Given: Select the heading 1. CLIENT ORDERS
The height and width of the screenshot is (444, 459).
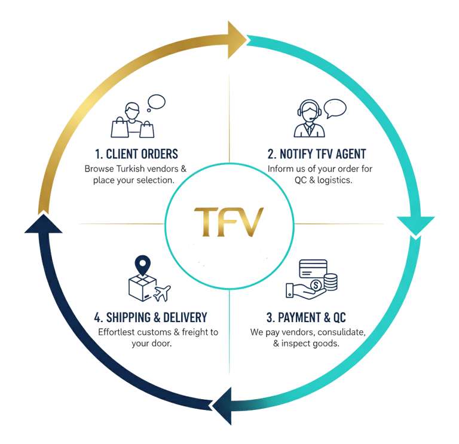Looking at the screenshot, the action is (136, 154).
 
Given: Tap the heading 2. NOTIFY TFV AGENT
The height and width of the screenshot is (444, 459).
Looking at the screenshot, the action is (317, 154).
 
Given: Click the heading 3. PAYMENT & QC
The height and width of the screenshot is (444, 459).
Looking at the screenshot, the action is (305, 317).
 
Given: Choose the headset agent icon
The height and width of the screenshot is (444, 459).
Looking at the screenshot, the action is (308, 117).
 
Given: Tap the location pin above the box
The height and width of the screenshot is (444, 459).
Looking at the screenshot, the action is (142, 264).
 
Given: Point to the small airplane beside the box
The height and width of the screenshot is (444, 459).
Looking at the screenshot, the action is (162, 293).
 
